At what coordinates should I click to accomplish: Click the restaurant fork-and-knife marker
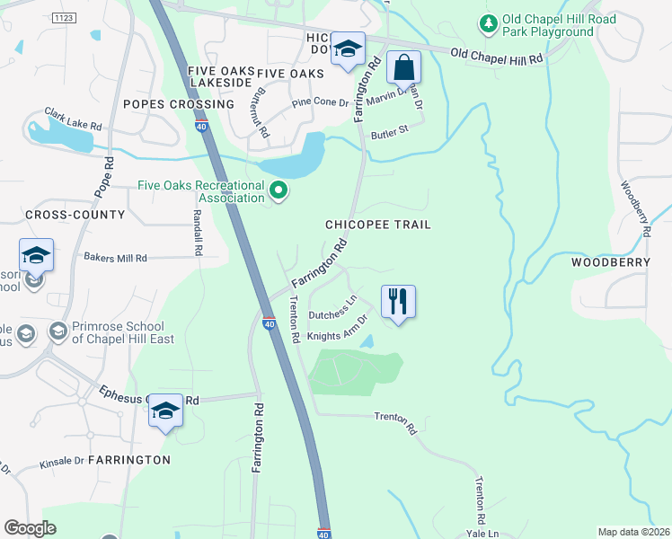(397, 301)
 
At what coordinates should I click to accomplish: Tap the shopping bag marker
(403, 67)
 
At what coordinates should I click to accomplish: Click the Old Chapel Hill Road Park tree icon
(489, 23)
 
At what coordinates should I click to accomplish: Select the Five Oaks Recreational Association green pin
(279, 190)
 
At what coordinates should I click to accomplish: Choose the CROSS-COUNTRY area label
(62, 215)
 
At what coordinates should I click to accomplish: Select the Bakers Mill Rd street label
(115, 258)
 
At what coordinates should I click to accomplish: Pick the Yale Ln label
(482, 533)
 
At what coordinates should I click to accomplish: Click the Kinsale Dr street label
(61, 463)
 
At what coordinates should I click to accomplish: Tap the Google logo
(31, 528)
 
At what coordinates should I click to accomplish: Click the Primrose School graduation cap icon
(57, 332)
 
